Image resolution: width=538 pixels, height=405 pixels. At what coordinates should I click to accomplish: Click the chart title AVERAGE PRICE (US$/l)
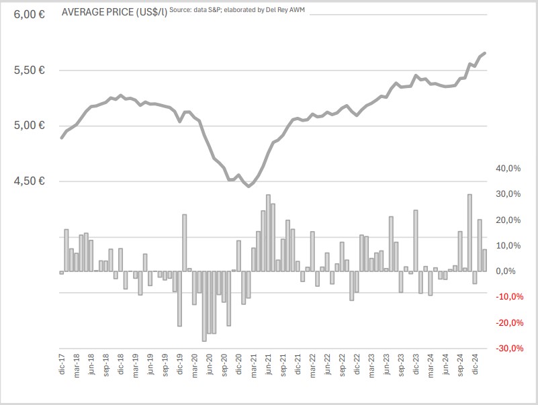click(114, 12)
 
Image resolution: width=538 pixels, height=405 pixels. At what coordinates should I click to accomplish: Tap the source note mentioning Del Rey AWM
click(238, 10)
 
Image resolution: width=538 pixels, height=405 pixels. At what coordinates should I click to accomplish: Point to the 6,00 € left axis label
click(28, 14)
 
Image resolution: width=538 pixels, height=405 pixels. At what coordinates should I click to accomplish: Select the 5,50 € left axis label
click(28, 70)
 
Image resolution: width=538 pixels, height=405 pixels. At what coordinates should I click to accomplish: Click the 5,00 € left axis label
click(28, 126)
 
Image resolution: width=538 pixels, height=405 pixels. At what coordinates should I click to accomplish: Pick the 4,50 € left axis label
click(28, 181)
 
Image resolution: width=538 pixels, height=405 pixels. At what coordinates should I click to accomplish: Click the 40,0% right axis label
click(508, 168)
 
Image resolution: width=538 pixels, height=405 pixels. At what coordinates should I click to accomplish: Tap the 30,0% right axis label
click(508, 194)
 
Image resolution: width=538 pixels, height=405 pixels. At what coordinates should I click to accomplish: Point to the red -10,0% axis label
click(508, 297)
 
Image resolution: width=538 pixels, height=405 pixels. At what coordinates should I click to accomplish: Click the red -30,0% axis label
click(508, 349)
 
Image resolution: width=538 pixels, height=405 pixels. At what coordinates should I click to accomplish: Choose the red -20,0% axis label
click(508, 323)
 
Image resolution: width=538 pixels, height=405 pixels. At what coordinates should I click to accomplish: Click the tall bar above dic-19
click(184, 242)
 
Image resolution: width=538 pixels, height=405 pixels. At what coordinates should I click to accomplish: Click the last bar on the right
click(484, 260)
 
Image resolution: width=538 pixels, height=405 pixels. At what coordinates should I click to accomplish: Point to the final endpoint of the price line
click(485, 52)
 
